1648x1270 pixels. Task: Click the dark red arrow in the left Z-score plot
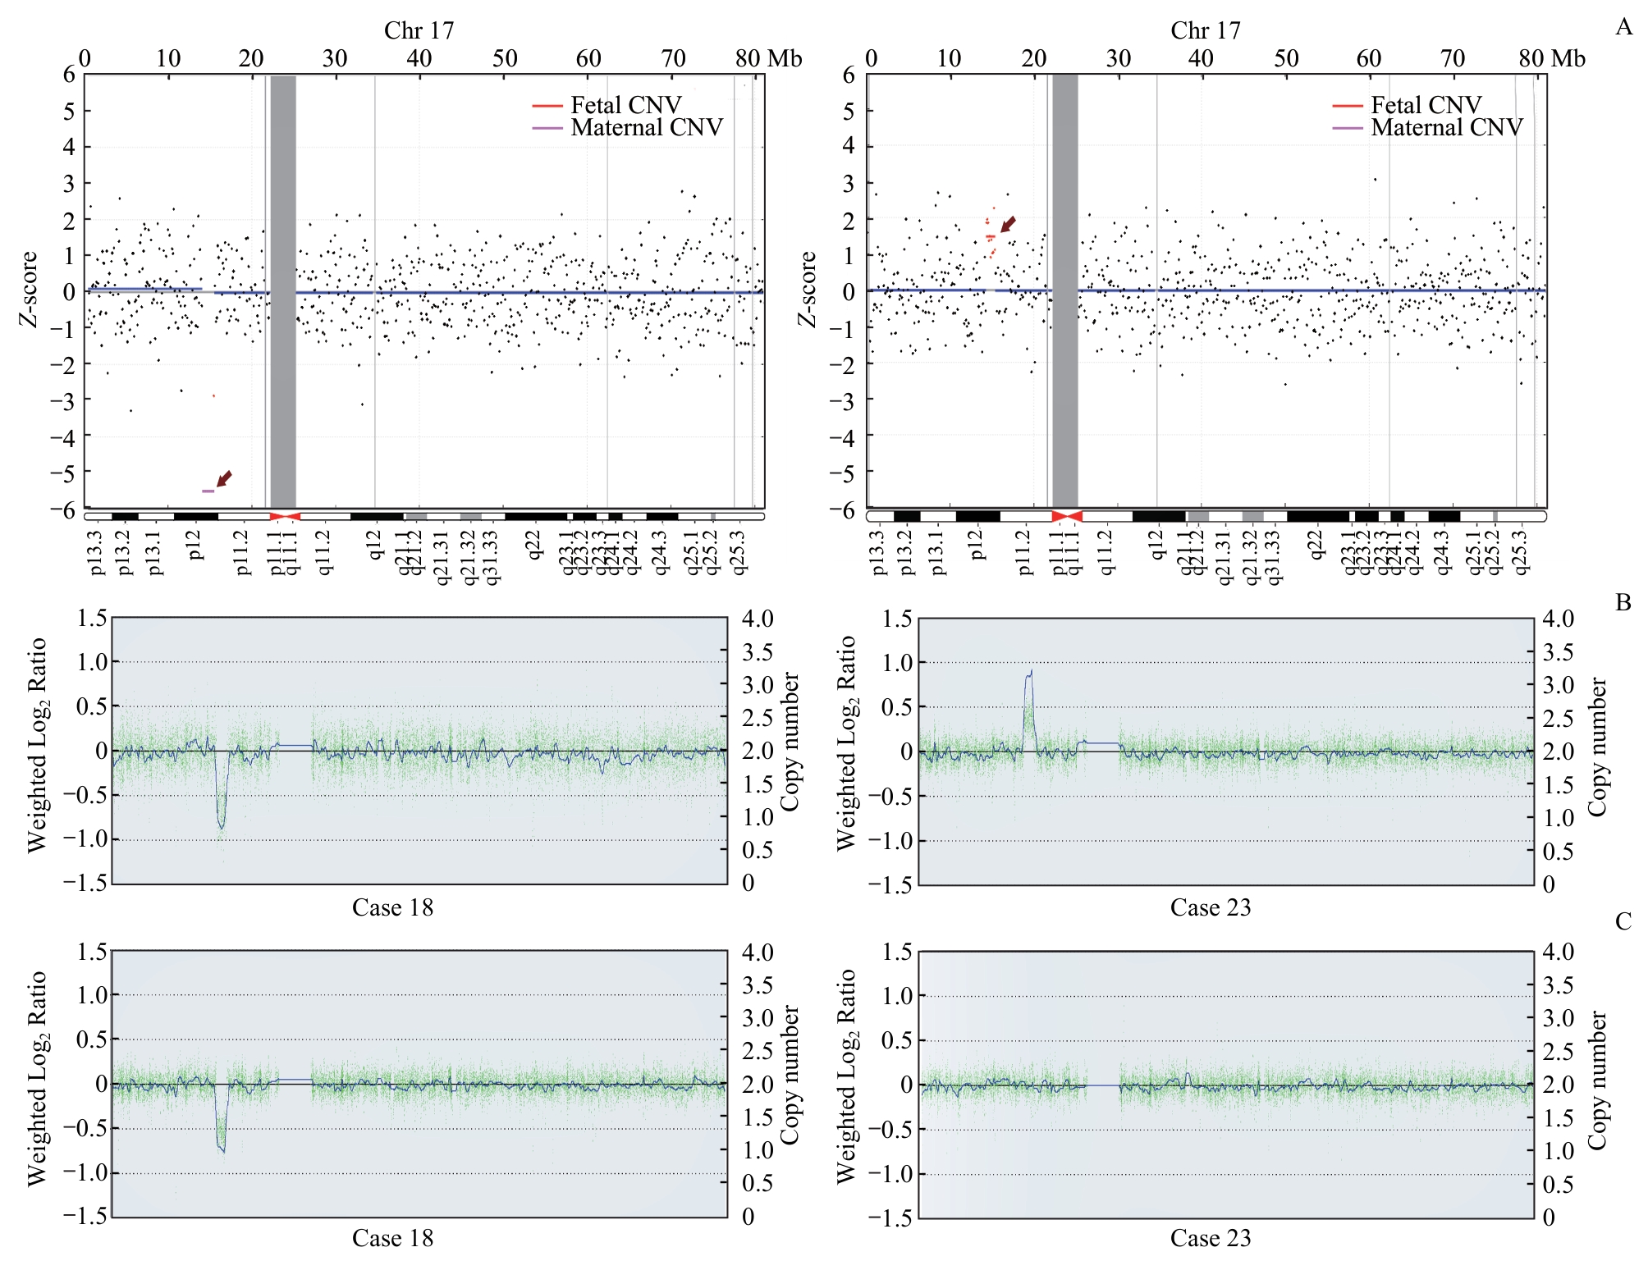224,478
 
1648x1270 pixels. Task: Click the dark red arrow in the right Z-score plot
1009,224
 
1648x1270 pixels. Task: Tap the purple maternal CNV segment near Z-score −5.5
208,491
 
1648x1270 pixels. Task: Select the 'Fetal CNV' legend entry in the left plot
625,106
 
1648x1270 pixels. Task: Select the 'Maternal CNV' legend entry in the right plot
1446,128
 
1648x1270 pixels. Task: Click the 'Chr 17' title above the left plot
419,30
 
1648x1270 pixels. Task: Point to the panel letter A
1623,27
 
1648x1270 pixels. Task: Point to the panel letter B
1623,603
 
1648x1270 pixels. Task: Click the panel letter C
1623,922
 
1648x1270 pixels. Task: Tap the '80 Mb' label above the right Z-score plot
1551,58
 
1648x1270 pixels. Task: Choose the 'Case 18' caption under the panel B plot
392,907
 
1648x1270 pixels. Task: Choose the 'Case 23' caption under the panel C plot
1211,1238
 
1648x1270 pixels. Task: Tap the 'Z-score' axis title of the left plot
30,289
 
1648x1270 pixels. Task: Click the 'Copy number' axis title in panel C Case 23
1596,1080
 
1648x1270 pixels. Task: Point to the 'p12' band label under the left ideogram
195,544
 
